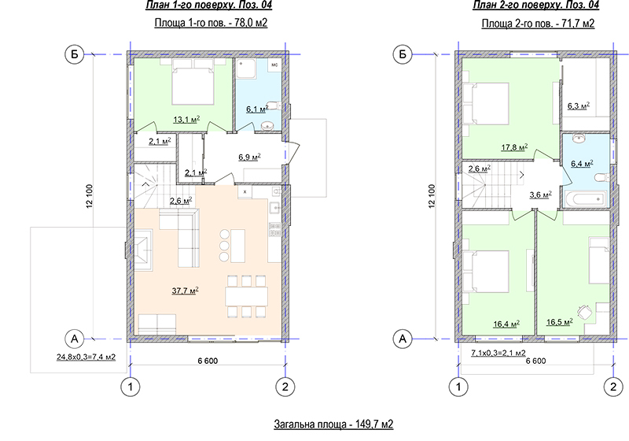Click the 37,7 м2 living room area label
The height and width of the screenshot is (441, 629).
[x=186, y=291]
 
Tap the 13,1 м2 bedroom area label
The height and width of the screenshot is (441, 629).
[x=186, y=119]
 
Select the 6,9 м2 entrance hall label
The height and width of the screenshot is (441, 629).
[x=249, y=157]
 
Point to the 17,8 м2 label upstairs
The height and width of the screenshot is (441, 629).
[x=514, y=147]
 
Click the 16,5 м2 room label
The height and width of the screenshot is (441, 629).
[x=559, y=322]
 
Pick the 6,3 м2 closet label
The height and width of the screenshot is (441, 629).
[x=578, y=106]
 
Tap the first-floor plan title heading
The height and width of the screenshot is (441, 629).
[x=209, y=6]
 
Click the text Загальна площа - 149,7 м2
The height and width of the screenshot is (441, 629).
[x=333, y=424]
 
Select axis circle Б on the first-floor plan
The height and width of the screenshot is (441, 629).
[x=74, y=54]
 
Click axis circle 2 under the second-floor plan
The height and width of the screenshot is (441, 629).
[x=613, y=387]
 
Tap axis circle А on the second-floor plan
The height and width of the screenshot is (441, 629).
[x=403, y=339]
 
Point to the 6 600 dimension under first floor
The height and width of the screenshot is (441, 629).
[x=208, y=361]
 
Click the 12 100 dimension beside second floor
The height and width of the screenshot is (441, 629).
[x=432, y=196]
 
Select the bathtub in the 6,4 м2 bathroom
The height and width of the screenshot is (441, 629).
[x=586, y=199]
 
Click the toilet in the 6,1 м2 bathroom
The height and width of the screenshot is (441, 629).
[x=274, y=106]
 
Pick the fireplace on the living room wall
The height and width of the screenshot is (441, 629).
[x=142, y=250]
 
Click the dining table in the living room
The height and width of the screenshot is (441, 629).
[x=246, y=297]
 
